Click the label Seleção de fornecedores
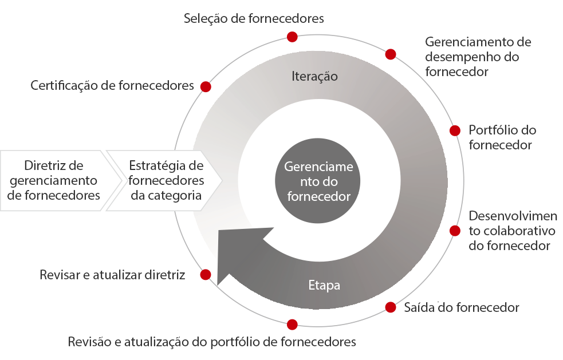coord(254,18)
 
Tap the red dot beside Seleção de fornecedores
coord(292,37)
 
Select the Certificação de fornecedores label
coord(112,86)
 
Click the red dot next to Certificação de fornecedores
coord(206,86)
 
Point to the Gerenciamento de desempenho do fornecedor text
coord(478,57)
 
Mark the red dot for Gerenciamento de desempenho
coord(391,54)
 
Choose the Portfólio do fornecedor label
coord(502,137)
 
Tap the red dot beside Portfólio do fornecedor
coord(455,130)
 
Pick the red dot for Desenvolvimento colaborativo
coord(455,231)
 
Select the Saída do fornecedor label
coord(462,308)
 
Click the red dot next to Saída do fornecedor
coord(391,307)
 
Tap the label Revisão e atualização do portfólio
coord(212,342)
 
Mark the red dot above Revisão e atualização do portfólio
coord(292,325)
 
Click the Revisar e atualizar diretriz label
coord(112,275)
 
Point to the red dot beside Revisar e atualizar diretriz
coord(206,275)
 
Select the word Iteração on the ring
coord(314,76)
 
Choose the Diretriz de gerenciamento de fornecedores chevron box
coord(54,180)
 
